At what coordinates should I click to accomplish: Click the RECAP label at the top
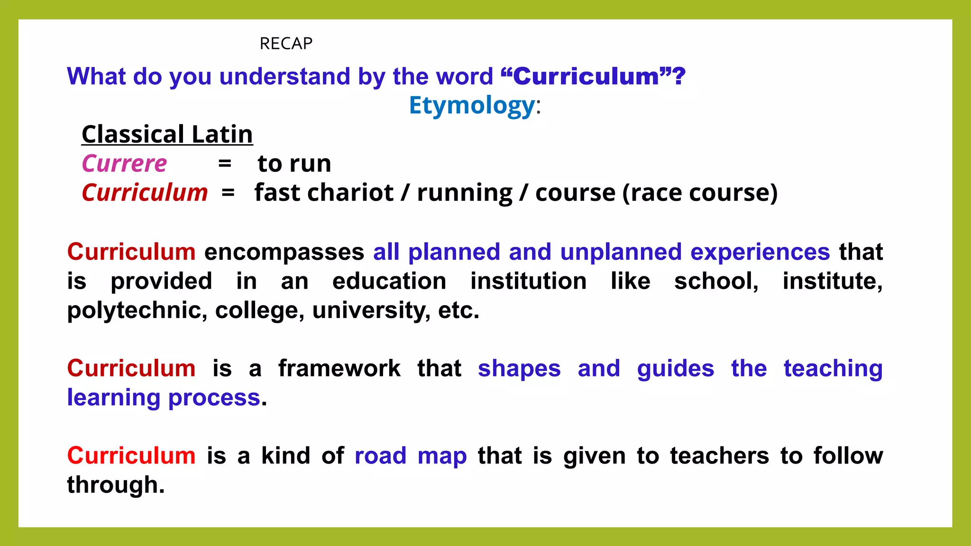(286, 44)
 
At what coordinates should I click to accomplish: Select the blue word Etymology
(472, 105)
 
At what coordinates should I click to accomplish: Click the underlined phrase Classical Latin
(167, 134)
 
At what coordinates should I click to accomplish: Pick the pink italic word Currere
(124, 164)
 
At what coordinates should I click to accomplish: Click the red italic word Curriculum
(145, 193)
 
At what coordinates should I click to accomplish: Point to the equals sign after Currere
(224, 164)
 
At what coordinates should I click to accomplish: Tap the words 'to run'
(294, 164)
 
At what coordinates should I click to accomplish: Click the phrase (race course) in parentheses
(700, 193)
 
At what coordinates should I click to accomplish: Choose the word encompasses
(284, 252)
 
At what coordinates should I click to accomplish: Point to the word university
(371, 310)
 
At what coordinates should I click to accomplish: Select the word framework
(339, 368)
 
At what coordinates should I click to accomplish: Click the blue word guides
(675, 368)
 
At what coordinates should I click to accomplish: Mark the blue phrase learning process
(164, 397)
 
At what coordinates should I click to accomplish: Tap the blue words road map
(411, 455)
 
